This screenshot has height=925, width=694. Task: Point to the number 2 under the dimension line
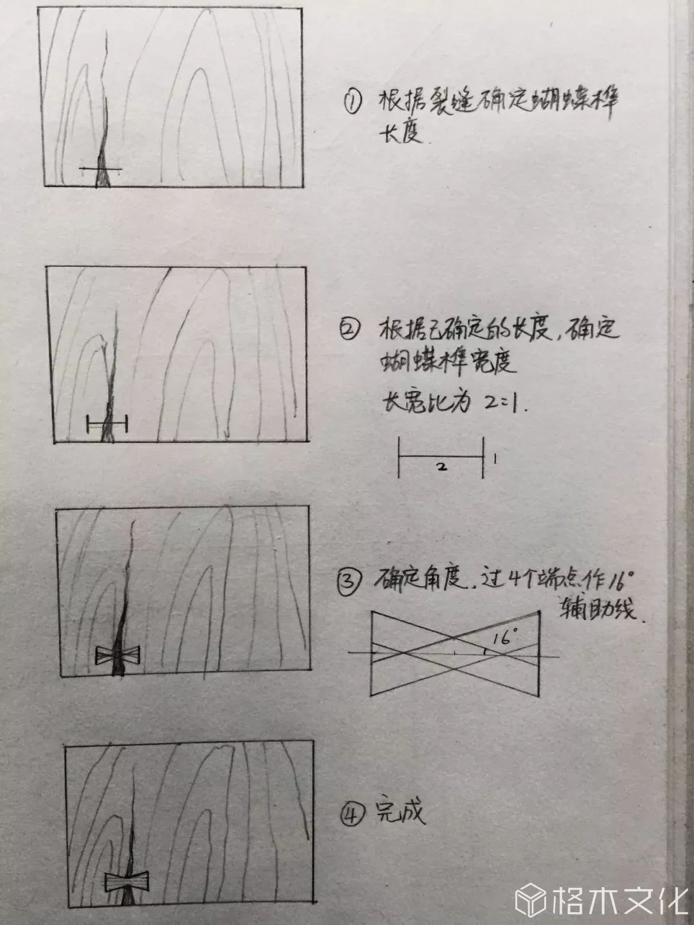pyautogui.click(x=441, y=468)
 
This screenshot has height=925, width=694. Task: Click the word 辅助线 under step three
pyautogui.click(x=598, y=607)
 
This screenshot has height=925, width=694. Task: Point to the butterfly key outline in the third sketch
pyautogui.click(x=117, y=655)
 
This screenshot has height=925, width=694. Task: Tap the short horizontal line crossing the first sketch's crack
pyautogui.click(x=101, y=169)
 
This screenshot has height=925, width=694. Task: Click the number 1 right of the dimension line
pyautogui.click(x=494, y=459)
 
